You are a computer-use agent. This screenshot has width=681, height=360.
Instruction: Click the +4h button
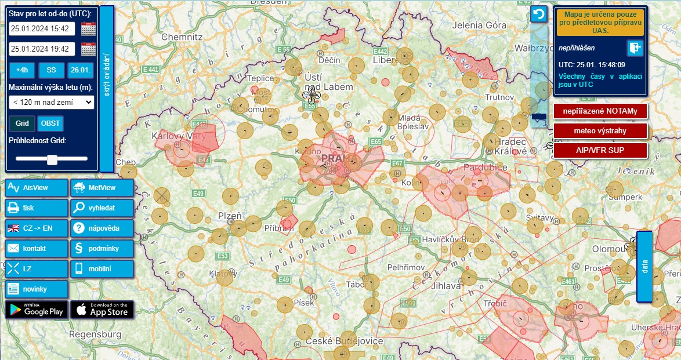(22, 70)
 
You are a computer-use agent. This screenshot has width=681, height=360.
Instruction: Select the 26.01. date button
(80, 70)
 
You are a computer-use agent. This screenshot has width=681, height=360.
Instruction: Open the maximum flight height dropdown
(52, 102)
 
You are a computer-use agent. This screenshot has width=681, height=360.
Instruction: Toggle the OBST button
(50, 123)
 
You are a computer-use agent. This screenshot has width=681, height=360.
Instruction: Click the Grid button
(22, 123)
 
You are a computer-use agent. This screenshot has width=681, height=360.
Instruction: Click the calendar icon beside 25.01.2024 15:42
(88, 28)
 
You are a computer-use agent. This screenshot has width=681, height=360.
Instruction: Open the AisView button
(37, 188)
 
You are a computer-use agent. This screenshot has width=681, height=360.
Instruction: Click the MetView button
(102, 188)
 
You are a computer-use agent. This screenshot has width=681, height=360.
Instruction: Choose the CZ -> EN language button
(37, 228)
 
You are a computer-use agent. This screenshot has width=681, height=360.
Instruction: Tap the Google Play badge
(37, 310)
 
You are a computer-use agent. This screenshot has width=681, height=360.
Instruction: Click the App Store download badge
(102, 310)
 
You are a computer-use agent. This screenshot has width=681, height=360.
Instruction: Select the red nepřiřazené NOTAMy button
(600, 111)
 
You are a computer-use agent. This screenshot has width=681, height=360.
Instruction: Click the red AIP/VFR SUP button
(600, 150)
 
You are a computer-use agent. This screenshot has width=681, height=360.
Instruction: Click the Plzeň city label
(229, 216)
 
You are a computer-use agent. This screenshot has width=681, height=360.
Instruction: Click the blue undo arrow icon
(539, 14)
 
